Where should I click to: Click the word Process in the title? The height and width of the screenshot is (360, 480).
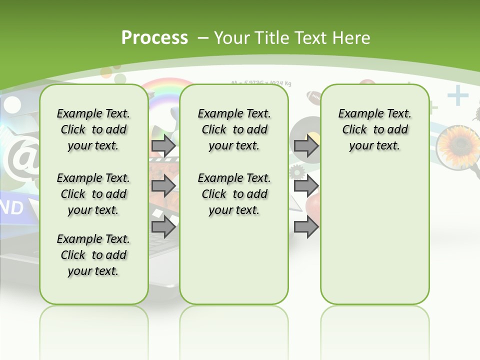pos(154,37)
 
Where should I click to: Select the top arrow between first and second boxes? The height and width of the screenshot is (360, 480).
pos(163,146)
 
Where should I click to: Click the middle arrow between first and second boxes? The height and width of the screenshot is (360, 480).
pos(163,186)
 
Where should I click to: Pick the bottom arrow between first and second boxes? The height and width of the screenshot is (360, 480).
pos(163,227)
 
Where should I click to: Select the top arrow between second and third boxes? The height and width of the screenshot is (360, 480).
pos(306,146)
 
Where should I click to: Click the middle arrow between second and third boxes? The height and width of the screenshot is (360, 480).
pos(306,186)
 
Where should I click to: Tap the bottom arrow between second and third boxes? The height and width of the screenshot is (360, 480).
pos(306,227)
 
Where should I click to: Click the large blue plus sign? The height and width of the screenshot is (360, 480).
pos(457,96)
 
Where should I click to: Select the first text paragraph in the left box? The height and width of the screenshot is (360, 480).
pos(93,129)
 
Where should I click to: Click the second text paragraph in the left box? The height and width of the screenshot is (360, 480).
pos(93,194)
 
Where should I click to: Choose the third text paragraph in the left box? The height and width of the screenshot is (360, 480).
pos(93,255)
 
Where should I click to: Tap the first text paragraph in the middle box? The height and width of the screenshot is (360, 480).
pos(234,129)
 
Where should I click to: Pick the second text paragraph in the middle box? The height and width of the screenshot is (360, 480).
pos(234,194)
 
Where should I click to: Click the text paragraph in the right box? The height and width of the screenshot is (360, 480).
pos(374,129)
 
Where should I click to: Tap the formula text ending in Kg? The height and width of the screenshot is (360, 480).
pos(261,83)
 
